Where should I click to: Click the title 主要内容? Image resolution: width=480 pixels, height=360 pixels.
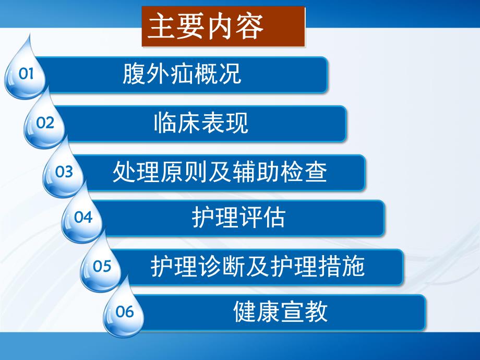pos(206,27)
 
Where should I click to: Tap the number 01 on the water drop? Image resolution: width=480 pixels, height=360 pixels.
pos(26,74)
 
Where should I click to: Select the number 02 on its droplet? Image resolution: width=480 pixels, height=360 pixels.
pos(45,123)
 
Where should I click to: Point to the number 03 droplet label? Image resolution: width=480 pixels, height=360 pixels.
pos(64,171)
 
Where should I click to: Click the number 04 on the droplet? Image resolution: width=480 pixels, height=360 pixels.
pos(83,217)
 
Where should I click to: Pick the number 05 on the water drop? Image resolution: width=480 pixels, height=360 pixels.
pos(102,266)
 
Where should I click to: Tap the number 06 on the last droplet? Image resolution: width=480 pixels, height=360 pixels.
pos(125,312)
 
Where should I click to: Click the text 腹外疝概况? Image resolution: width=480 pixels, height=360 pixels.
pos(182,74)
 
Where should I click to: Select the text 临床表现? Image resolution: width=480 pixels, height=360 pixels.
pos(201,123)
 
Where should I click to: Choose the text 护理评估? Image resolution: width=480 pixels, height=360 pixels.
pos(238,218)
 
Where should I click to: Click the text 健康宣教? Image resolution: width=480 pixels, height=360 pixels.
pos(280,311)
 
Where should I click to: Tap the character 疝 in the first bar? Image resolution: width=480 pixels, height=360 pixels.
pos(182,74)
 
